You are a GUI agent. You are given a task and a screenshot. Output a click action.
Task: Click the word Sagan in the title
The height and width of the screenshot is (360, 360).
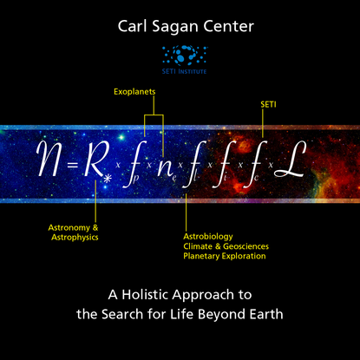click(174, 27)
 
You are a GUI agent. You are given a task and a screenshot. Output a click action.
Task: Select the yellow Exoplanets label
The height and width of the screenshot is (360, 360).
click(134, 92)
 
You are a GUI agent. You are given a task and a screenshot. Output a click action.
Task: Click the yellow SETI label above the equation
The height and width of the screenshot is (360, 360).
click(268, 104)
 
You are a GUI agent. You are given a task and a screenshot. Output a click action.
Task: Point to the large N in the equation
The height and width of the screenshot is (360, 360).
click(51, 159)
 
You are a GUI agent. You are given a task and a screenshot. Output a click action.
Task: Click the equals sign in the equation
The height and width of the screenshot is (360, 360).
click(73, 165)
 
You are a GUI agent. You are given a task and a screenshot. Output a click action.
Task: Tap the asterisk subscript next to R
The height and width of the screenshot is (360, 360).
click(108, 179)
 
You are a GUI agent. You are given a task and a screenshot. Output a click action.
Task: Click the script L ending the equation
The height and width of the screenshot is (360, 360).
click(290, 159)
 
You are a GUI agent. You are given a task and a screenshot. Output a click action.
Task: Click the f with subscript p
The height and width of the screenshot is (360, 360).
click(134, 164)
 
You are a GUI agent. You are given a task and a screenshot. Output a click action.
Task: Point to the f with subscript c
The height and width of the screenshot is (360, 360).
click(255, 164)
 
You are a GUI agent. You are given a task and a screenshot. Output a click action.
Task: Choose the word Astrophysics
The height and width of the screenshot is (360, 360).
click(75, 238)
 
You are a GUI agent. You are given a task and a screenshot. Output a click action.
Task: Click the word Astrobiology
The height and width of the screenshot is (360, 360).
click(208, 237)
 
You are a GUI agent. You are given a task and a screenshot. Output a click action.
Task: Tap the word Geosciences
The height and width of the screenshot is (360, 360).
click(245, 246)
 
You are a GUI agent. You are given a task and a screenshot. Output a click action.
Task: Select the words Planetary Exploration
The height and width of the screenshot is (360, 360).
click(225, 256)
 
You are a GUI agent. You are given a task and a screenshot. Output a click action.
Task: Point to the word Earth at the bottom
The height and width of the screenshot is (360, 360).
click(266, 314)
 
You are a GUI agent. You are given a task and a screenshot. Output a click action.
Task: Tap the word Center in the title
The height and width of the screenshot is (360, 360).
click(228, 27)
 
